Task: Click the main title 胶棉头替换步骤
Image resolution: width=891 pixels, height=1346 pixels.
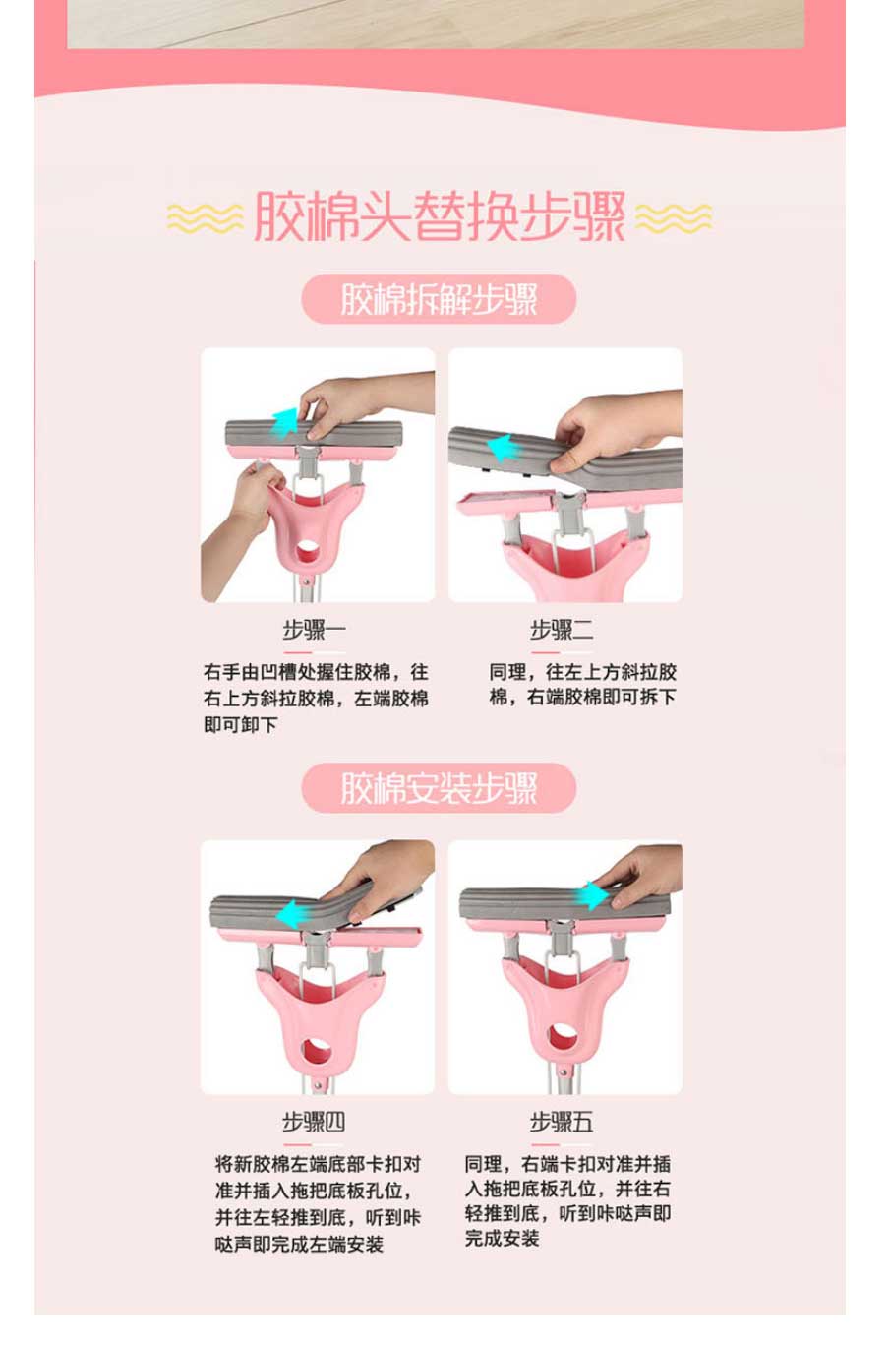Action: [x=440, y=216]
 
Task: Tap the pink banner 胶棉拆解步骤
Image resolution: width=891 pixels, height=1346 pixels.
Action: [x=439, y=299]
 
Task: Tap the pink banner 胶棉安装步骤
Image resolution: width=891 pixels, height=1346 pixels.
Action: [x=439, y=788]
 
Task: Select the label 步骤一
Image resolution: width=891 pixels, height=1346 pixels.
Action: [x=314, y=630]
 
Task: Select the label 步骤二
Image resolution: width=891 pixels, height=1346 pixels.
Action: [x=562, y=630]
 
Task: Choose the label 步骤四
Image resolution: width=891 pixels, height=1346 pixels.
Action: [x=314, y=1122]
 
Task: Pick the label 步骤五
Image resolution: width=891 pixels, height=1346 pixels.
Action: [x=562, y=1122]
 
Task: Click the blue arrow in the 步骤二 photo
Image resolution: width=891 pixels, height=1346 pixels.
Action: [x=504, y=449]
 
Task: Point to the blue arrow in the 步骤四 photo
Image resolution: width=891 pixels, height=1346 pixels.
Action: [x=294, y=915]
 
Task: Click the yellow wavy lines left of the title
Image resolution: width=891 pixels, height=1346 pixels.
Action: [x=206, y=217]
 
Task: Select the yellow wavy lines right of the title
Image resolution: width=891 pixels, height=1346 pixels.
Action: [x=674, y=217]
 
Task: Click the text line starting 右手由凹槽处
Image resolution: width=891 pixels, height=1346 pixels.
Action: [x=316, y=671]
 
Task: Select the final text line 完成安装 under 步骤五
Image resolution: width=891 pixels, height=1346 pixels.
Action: [x=502, y=1237]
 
